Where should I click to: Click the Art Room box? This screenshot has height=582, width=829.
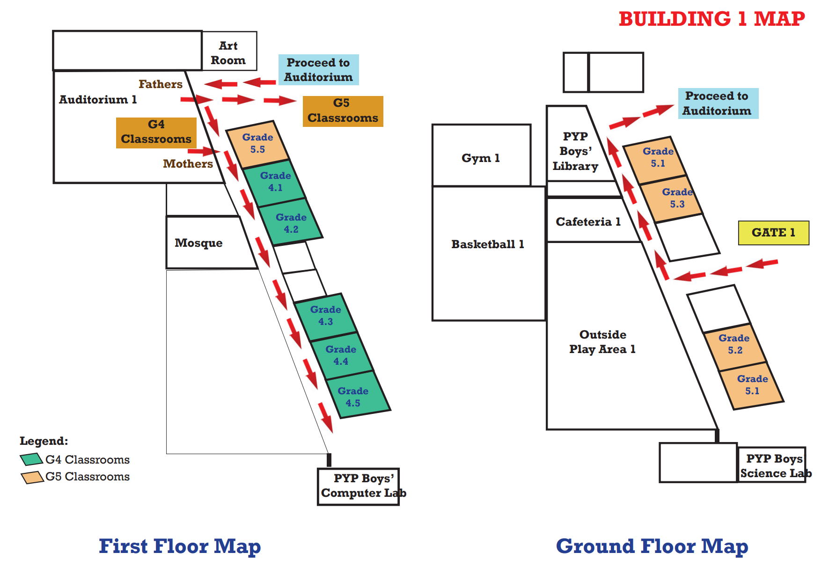(x=229, y=51)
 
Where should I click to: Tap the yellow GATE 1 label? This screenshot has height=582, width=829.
(x=773, y=233)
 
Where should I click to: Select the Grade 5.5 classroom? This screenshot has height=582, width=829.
(x=257, y=144)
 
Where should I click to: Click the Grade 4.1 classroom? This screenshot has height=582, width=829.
(x=274, y=183)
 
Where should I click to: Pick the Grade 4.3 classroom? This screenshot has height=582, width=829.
(x=325, y=317)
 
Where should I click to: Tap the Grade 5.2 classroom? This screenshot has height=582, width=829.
(x=735, y=346)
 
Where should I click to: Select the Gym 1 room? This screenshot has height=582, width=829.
(x=481, y=155)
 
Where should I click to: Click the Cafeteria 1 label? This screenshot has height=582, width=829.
(x=588, y=221)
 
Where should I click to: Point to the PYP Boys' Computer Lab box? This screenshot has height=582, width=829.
(x=358, y=486)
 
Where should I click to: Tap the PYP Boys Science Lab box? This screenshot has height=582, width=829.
(x=771, y=464)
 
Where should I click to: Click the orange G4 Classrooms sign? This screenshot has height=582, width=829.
(x=156, y=133)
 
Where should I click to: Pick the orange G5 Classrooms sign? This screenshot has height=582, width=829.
(x=343, y=111)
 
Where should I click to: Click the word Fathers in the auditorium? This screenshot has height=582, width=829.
(x=161, y=84)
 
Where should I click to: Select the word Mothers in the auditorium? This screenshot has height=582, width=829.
(x=188, y=164)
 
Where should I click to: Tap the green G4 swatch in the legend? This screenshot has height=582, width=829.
(x=31, y=459)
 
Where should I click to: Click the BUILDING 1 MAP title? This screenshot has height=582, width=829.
(x=712, y=19)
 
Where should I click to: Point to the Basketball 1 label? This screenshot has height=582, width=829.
(x=488, y=244)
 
